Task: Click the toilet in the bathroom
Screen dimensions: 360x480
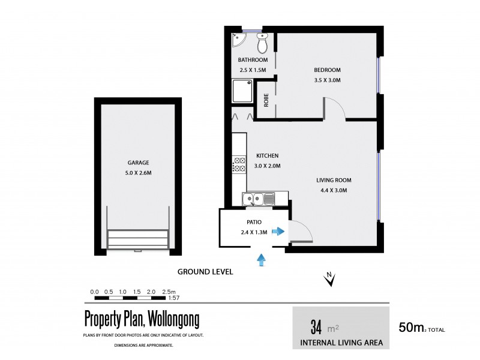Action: pyautogui.click(x=262, y=43)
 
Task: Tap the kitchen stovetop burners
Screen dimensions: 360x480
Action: pyautogui.click(x=239, y=164)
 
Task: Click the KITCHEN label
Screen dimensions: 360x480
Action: pyautogui.click(x=268, y=155)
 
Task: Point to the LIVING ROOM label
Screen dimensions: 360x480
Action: pyautogui.click(x=334, y=180)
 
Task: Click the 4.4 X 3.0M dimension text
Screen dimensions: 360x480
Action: pyautogui.click(x=334, y=190)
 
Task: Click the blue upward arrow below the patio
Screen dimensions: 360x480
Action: pyautogui.click(x=261, y=259)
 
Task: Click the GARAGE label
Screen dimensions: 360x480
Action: pyautogui.click(x=137, y=163)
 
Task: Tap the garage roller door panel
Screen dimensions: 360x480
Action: pyautogui.click(x=138, y=239)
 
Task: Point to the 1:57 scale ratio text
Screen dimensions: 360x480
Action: pyautogui.click(x=173, y=298)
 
